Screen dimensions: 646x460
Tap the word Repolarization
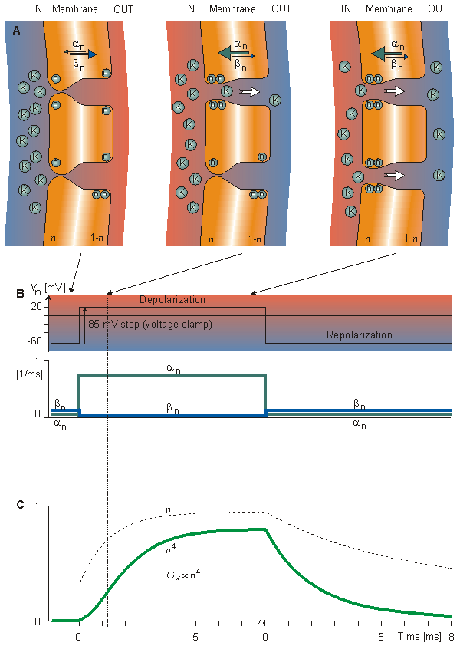[x=359, y=335]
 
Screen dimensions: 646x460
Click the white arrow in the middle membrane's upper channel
[x=251, y=92]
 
